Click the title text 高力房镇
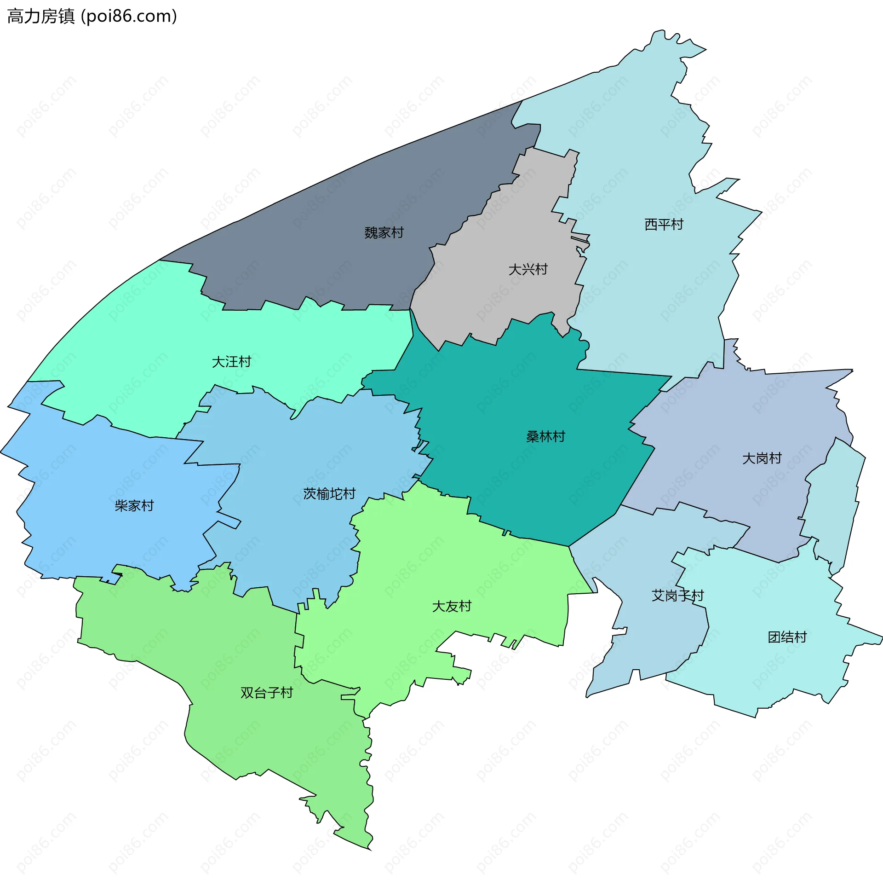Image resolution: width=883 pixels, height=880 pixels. point(41,17)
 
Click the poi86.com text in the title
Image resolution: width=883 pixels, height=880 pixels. point(129,17)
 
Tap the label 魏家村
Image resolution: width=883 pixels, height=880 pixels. point(384,233)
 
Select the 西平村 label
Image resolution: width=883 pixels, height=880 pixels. point(664,225)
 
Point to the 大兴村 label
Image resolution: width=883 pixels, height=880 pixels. point(528,270)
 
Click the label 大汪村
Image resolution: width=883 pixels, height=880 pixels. point(231,362)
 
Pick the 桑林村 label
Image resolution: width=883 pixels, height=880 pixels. point(545,437)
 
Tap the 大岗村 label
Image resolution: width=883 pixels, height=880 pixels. point(762,458)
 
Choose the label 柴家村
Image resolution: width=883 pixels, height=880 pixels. point(134,506)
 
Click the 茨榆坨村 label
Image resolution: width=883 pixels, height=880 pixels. point(329,494)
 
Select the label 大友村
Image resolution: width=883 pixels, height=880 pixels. point(452,606)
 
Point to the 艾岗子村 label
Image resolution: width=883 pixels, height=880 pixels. point(677,596)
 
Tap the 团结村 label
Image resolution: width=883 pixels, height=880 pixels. point(787,637)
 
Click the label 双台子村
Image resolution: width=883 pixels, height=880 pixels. point(267,693)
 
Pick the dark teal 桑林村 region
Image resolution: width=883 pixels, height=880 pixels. point(529,483)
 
